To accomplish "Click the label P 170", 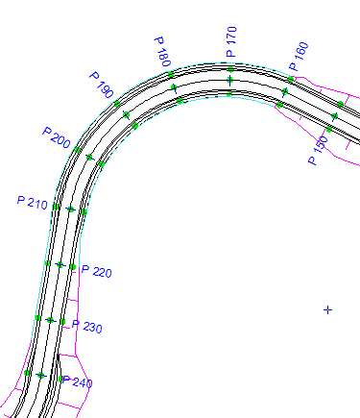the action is (x=231, y=41).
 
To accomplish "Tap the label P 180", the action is (x=163, y=51).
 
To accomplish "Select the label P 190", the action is (x=101, y=85).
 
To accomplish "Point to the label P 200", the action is (x=56, y=137).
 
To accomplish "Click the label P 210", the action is (x=33, y=203).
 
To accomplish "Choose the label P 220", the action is (x=97, y=271).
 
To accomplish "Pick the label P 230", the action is (x=87, y=326).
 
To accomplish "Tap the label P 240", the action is (x=78, y=381).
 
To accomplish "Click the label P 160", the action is (x=300, y=56).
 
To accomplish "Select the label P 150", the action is (x=318, y=151).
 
